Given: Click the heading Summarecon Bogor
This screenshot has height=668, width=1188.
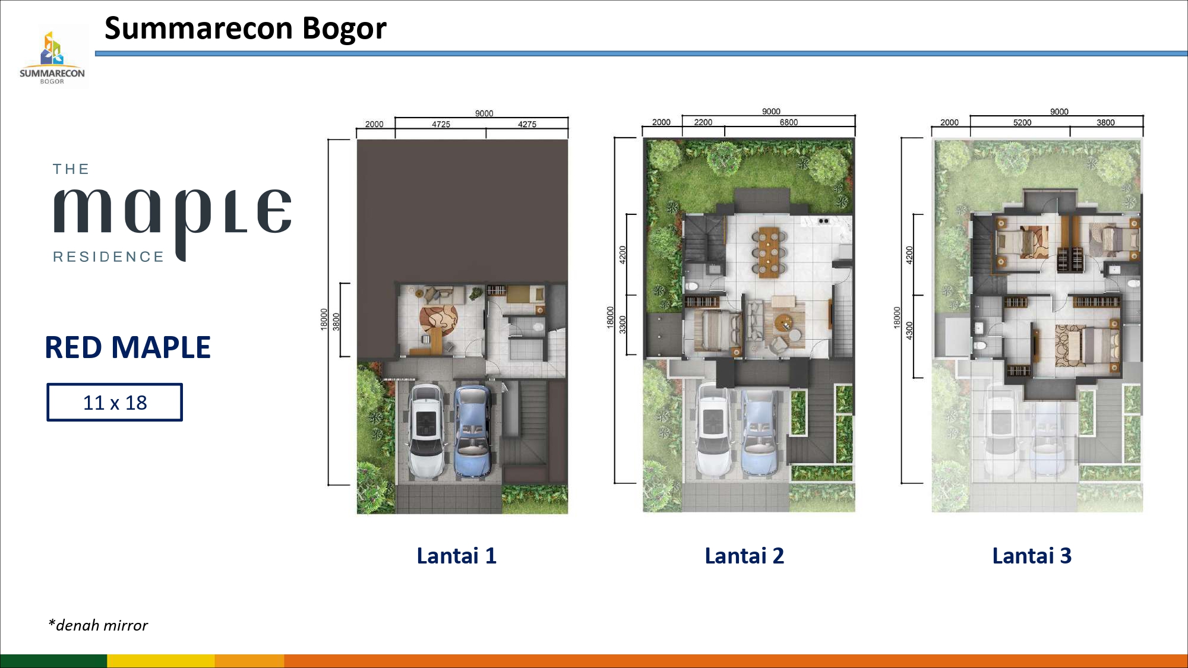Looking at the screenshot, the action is click(245, 29).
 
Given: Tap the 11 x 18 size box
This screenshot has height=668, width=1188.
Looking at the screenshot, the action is click(115, 403).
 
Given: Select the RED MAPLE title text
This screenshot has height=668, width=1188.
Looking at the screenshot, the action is click(128, 347).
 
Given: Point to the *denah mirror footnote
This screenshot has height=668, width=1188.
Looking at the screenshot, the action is click(98, 625).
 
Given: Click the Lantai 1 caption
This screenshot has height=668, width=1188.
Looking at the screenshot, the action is click(456, 556).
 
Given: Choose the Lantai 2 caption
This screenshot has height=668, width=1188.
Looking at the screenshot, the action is click(744, 556).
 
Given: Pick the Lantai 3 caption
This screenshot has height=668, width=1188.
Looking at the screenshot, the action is click(1032, 556).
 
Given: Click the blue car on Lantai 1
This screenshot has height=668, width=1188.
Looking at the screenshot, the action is click(472, 432).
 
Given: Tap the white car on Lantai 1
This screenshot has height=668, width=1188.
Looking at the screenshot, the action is click(426, 432).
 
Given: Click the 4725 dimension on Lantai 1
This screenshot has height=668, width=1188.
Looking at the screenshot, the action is click(441, 124).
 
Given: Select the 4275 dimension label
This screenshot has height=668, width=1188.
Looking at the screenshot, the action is click(527, 124).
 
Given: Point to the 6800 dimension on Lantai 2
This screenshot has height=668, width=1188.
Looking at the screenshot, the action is click(789, 122).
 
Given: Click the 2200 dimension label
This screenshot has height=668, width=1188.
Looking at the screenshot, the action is click(703, 122).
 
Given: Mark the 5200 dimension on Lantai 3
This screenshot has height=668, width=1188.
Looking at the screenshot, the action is click(1022, 122).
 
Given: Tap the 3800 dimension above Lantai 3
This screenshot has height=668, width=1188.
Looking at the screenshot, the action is click(1105, 122).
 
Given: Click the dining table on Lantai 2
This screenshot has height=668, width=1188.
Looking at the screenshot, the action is click(769, 252).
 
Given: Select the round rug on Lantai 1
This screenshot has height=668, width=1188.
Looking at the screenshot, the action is click(438, 321).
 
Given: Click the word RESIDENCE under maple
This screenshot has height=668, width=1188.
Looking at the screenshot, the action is click(108, 257).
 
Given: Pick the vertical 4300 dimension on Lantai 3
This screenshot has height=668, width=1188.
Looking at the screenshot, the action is click(909, 331).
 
